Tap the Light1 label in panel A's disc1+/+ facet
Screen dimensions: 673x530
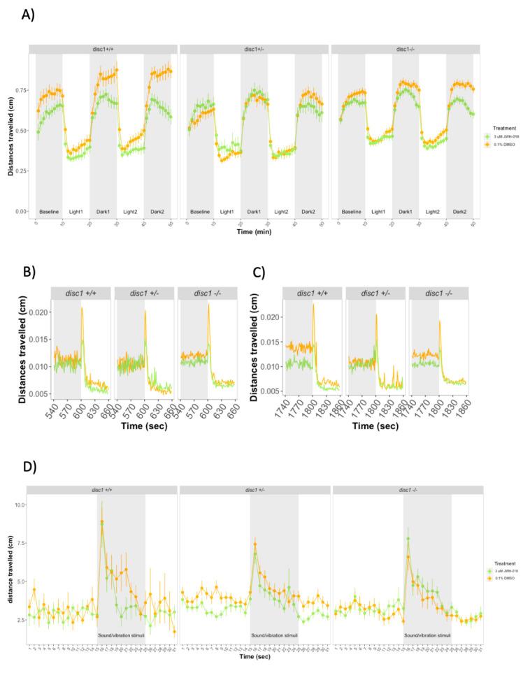76,210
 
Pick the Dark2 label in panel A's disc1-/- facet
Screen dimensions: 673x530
459,210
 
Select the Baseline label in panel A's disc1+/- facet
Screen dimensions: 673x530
200,210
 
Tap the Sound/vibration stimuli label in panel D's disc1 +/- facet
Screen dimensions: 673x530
274,635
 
